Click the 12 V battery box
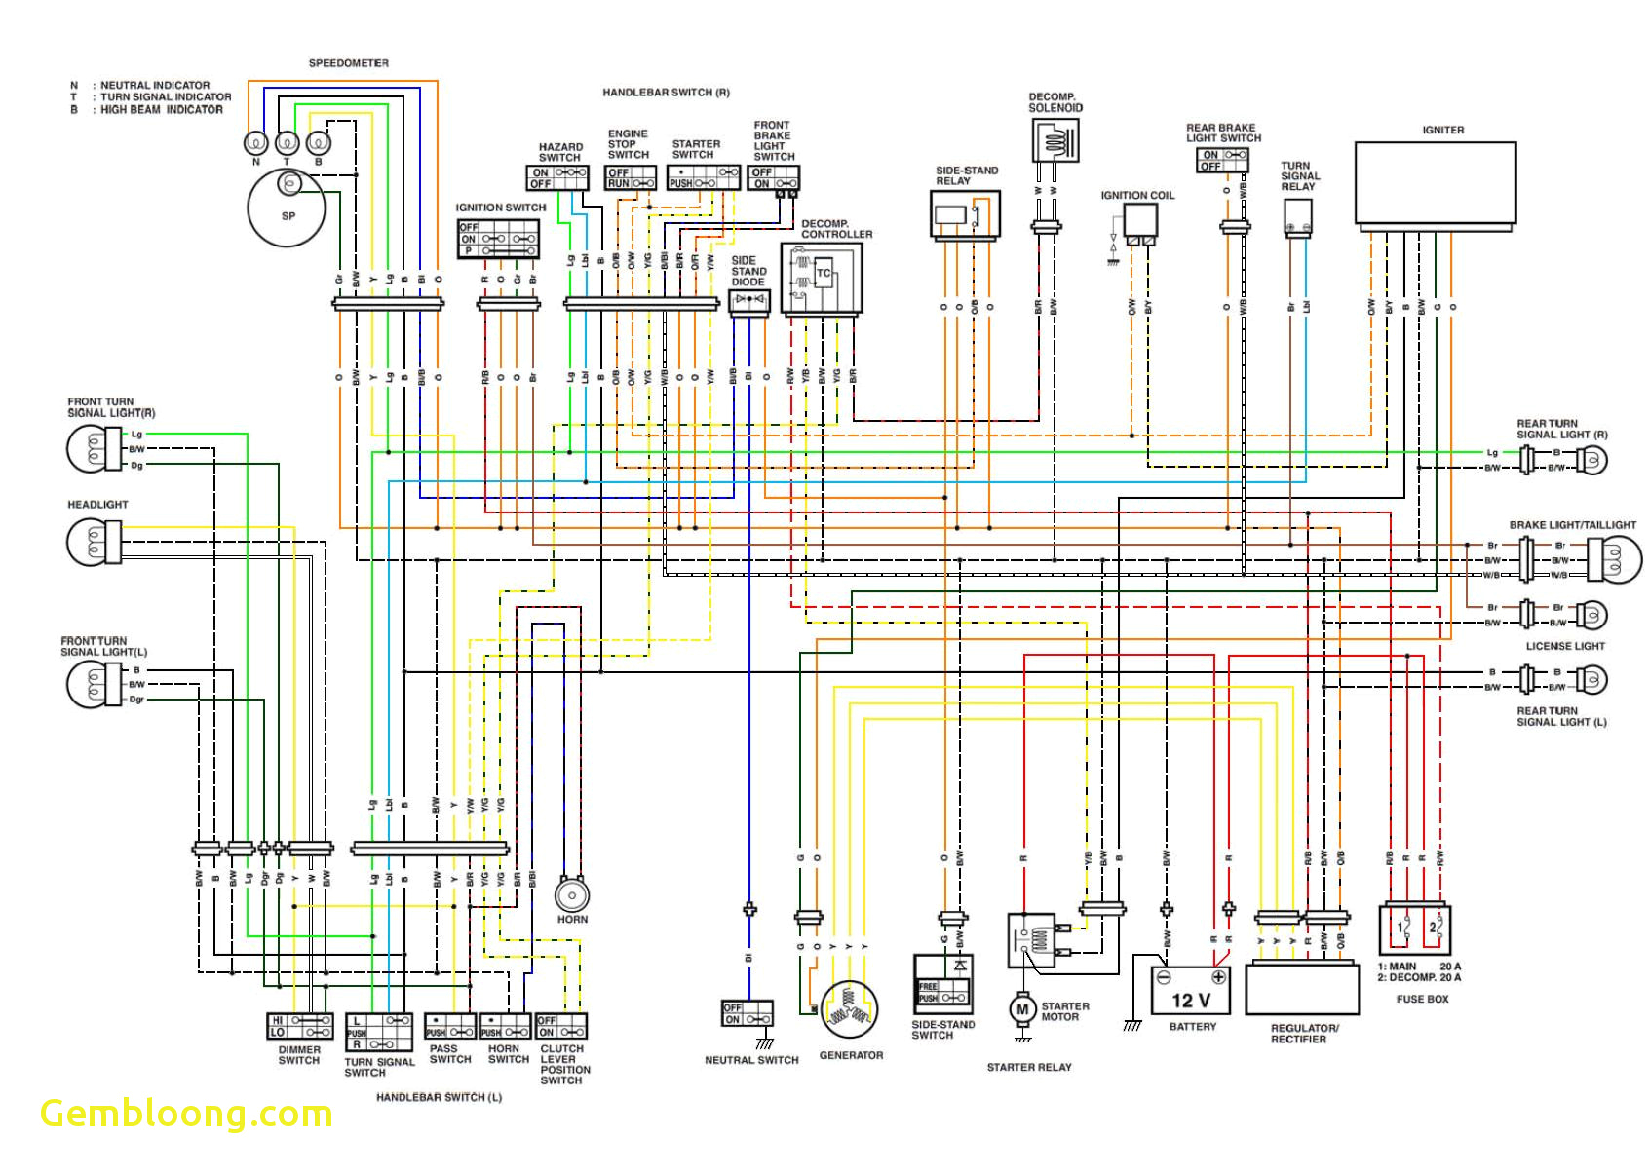[x=1190, y=991]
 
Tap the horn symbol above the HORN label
[x=572, y=893]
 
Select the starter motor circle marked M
[x=1021, y=1009]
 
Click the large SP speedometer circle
[x=287, y=208]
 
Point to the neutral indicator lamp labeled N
[x=255, y=143]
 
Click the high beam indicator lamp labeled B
[x=319, y=143]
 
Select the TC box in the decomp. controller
[x=824, y=274]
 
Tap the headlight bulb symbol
[x=93, y=541]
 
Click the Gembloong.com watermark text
[x=186, y=1114]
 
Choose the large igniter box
[x=1435, y=183]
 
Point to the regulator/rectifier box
[x=1301, y=989]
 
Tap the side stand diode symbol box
[x=748, y=301]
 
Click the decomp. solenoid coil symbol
[x=1054, y=141]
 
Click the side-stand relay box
[x=965, y=214]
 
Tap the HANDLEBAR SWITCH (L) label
[x=439, y=1097]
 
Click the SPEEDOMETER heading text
[x=349, y=63]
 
